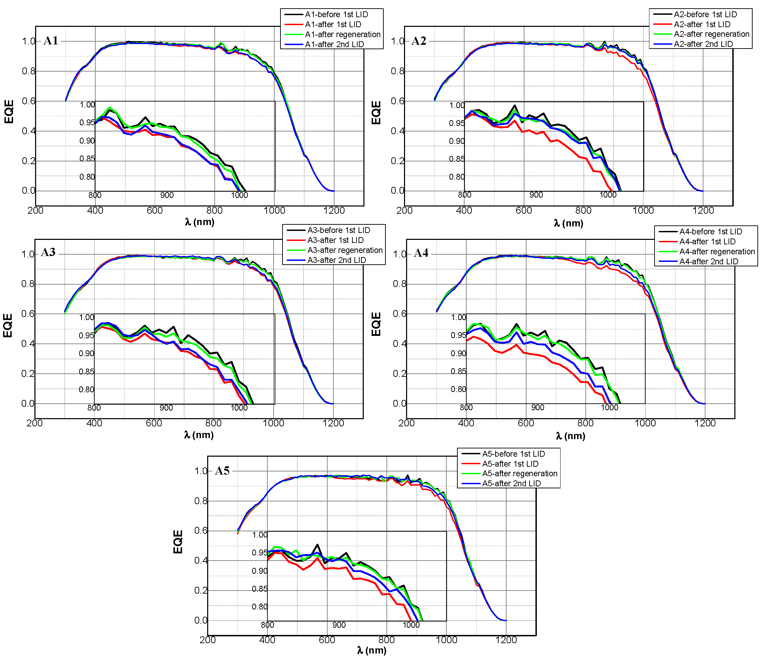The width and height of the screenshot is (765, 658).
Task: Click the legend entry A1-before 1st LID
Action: point(336,14)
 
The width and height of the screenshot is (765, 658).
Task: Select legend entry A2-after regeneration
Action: point(711,34)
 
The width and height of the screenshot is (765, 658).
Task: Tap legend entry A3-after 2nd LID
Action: point(336,260)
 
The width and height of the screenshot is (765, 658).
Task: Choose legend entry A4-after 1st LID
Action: point(707,242)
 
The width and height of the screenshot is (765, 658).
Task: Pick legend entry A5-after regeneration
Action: point(520,474)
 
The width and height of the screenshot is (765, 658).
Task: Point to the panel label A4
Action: point(421,253)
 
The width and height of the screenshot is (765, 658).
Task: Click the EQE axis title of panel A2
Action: point(376,113)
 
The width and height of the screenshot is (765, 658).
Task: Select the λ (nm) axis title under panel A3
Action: point(199,435)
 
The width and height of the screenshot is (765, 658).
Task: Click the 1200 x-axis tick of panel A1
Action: point(334,211)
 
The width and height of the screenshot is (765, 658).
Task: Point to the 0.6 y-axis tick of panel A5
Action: point(201,530)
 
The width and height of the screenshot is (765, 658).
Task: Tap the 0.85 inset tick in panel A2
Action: point(456,159)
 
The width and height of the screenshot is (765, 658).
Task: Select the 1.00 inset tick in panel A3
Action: point(86,317)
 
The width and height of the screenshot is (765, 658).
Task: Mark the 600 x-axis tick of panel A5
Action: point(327,640)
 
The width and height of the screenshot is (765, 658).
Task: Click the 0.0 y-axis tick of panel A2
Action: point(397,191)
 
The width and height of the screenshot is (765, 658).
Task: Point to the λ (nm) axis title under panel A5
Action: point(372,650)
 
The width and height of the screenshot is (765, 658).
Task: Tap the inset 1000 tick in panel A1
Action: point(239,195)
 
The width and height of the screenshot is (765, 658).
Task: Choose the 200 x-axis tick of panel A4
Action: point(406,423)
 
